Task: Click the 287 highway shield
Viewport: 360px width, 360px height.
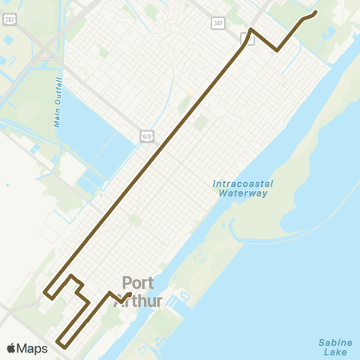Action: click(8, 19)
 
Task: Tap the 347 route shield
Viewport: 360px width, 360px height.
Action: click(217, 24)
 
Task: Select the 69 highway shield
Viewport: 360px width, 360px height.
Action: click(147, 135)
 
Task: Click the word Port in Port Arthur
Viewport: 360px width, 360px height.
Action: click(138, 283)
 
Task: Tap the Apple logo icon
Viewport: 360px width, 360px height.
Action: click(10, 349)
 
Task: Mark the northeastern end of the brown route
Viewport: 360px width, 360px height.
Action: click(315, 12)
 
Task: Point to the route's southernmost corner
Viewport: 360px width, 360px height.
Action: click(67, 347)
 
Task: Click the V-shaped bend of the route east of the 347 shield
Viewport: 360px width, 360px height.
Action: click(277, 50)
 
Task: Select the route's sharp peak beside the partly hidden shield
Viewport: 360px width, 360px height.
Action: click(251, 29)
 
